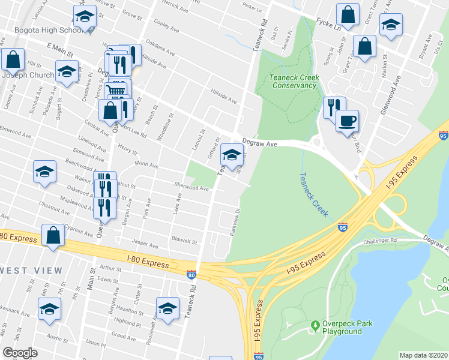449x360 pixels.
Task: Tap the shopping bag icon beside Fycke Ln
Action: (348, 15)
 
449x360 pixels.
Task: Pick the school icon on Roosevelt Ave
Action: (168, 308)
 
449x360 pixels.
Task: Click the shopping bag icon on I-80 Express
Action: (53, 236)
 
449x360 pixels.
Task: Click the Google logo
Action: (20, 352)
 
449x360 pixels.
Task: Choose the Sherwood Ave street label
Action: (191, 188)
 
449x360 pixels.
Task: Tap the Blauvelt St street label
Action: (184, 241)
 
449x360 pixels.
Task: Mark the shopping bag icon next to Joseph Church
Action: (13, 59)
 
